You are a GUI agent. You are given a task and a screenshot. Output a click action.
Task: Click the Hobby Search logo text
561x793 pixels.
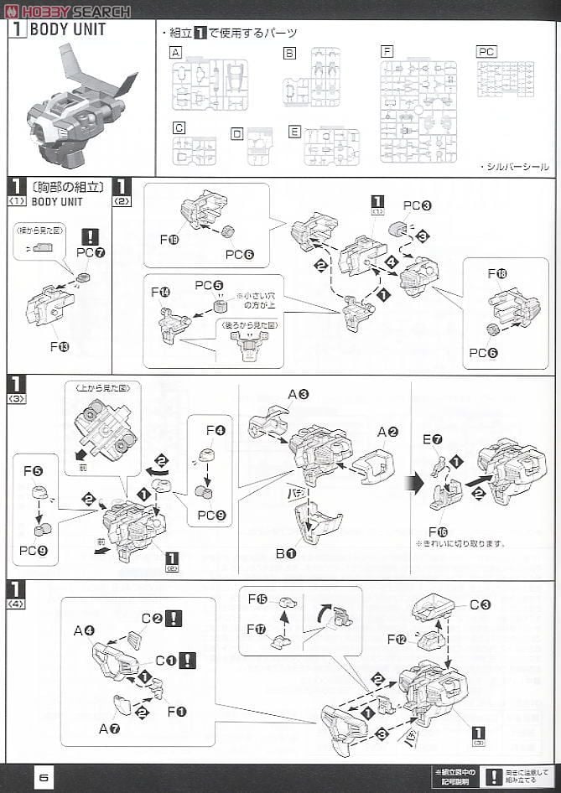(74, 11)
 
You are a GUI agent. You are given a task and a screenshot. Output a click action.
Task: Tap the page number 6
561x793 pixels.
(44, 777)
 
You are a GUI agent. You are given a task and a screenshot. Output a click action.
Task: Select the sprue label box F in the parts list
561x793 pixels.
(387, 52)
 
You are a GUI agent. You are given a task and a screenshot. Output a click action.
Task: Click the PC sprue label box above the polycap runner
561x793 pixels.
(486, 52)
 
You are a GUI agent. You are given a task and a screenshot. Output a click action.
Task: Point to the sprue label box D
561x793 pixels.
(237, 133)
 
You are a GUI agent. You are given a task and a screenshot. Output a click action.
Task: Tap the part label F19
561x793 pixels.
(169, 239)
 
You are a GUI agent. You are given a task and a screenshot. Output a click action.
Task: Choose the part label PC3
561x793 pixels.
(417, 205)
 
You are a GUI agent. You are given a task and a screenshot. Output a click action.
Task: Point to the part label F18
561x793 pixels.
(497, 274)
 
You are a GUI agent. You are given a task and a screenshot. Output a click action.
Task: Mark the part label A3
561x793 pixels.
(298, 394)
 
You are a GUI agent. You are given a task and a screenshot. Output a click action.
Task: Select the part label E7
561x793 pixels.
(431, 440)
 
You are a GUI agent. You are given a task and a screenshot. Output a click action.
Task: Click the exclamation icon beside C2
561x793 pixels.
(173, 618)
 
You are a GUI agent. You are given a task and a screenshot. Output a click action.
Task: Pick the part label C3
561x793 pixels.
(480, 604)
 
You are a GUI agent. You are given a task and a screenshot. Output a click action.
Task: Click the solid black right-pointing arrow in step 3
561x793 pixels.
(414, 484)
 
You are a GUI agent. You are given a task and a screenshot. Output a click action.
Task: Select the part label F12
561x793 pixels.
(397, 638)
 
